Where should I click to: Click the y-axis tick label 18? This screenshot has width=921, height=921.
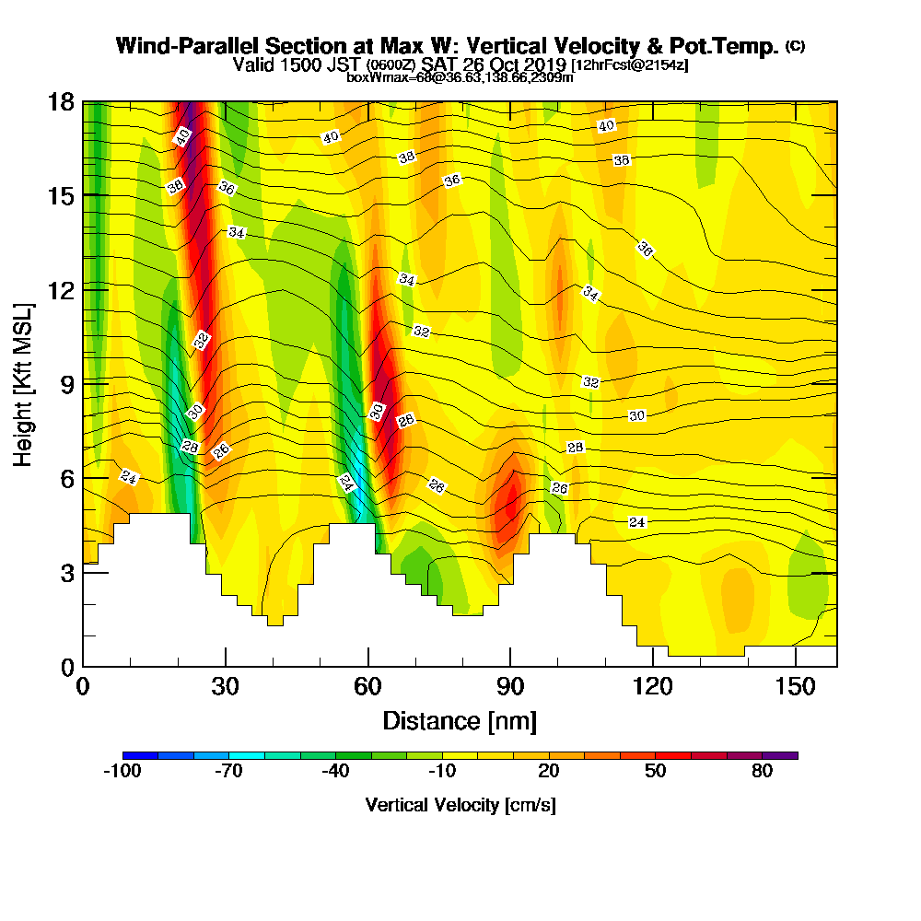tap(61, 102)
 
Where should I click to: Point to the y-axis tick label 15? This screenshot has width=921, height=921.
tap(61, 196)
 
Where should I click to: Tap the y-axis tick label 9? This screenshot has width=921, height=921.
tap(66, 384)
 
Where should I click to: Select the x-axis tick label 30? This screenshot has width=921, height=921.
tap(226, 687)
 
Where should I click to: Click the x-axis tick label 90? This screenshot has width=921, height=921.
tap(510, 687)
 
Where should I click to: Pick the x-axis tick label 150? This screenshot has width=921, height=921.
tap(794, 687)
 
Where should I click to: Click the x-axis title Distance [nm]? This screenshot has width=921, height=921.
tap(460, 720)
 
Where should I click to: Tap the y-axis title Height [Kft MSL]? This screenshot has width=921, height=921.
tap(24, 383)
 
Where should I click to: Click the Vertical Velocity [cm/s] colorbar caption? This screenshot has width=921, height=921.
tap(460, 805)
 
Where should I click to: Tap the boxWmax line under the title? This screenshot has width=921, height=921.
tap(460, 77)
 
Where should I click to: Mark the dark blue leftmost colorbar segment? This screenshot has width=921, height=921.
tap(140, 755)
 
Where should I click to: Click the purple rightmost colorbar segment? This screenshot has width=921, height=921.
tap(780, 755)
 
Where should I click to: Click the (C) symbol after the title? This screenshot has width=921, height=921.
tap(795, 45)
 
